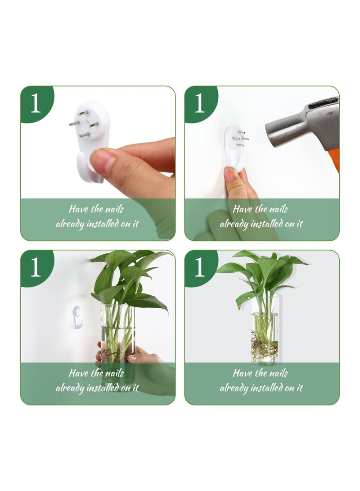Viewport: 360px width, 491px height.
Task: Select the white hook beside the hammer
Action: coord(234,149)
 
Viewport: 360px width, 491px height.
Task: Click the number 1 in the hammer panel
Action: coord(199,104)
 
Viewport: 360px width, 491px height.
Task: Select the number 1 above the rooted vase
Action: coord(199,268)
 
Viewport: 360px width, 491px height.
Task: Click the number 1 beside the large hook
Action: coord(35,104)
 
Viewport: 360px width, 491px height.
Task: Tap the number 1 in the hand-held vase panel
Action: coord(35,268)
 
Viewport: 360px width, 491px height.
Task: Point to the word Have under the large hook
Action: coord(78,209)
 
